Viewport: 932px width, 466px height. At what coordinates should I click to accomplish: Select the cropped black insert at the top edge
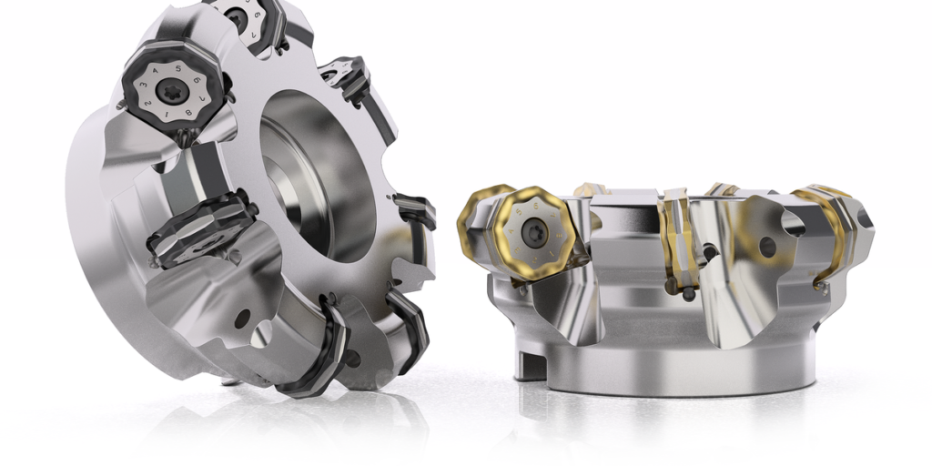[x=238, y=16]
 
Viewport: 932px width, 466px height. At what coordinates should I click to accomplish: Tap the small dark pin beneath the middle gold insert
[x=689, y=294]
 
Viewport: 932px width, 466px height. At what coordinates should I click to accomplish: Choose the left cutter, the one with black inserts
[x=246, y=209]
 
